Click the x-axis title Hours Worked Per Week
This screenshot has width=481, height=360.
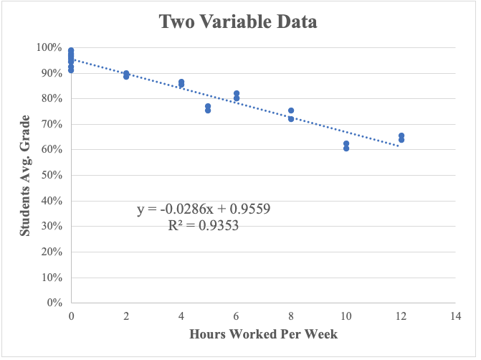pos(263,334)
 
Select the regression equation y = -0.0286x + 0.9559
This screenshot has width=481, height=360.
pos(203,209)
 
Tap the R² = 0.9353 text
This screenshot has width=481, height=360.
pos(203,225)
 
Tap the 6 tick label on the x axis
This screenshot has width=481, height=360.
pos(236,316)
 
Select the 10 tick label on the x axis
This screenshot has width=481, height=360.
pos(346,316)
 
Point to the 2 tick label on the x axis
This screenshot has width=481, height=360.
pos(126,316)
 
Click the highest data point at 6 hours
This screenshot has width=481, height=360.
pos(237,93)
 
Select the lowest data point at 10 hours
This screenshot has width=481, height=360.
pos(346,148)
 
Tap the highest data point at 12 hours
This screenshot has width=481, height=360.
pos(401,136)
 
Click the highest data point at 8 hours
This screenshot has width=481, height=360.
pos(291,110)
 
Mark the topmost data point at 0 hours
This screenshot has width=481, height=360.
pos(71,50)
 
